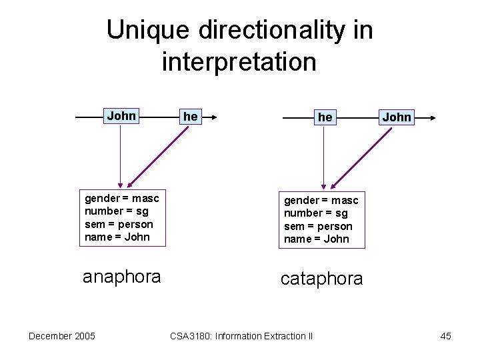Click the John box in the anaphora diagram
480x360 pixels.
click(x=121, y=116)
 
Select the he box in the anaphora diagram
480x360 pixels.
click(x=191, y=117)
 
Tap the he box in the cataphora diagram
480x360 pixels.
click(x=325, y=117)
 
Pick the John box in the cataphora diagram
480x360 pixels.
click(x=397, y=117)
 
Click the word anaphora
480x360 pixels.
click(x=121, y=277)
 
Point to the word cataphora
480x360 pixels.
click(x=321, y=279)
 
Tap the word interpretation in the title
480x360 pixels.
click(x=239, y=62)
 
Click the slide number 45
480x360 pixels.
click(x=445, y=336)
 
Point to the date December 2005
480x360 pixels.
click(x=61, y=335)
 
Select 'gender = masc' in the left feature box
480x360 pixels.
click(x=121, y=198)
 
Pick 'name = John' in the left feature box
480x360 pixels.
click(x=117, y=237)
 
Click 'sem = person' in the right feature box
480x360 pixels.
click(x=318, y=226)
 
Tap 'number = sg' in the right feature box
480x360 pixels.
click(x=316, y=213)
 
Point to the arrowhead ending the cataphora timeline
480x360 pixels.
click(x=432, y=118)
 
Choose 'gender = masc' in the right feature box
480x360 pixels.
click(x=321, y=200)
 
